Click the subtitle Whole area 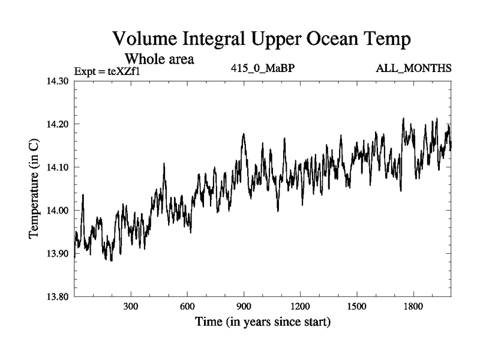point(159,59)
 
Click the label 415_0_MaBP point(262,68)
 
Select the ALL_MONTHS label point(413,68)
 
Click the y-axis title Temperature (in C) point(34,189)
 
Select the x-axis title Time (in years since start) point(262,322)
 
